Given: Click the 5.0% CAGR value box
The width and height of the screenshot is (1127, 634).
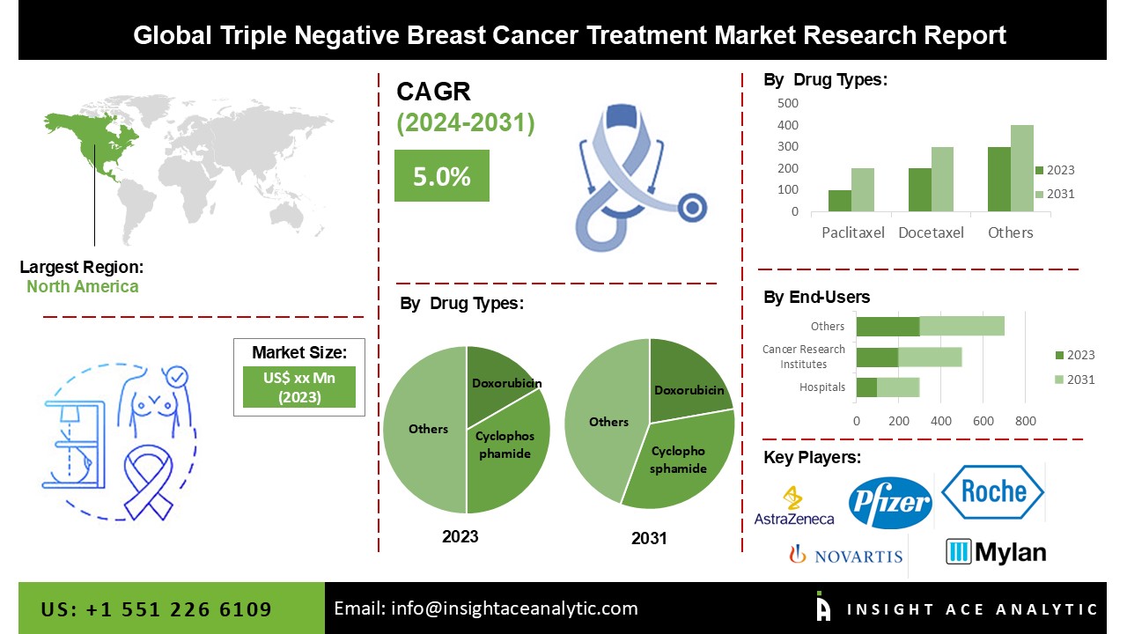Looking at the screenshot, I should tap(441, 176).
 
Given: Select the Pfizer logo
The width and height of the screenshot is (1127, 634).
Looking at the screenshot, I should tap(889, 503).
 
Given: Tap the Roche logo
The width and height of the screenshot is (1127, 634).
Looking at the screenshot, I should tap(993, 491).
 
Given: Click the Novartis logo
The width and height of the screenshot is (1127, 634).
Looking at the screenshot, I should tap(846, 555).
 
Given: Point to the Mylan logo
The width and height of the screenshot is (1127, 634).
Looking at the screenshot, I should tap(996, 552).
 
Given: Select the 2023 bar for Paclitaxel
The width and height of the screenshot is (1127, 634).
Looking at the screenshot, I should tap(840, 201).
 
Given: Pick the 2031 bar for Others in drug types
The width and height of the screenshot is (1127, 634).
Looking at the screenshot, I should tap(1021, 168).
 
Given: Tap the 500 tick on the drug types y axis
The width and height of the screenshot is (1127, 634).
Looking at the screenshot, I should tap(788, 103).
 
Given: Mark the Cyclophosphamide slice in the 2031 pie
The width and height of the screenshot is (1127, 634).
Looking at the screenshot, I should tap(682, 462).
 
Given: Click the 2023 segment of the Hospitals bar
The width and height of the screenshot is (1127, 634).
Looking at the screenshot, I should tap(866, 387).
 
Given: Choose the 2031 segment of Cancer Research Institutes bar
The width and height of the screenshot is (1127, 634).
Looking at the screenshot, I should tap(930, 357).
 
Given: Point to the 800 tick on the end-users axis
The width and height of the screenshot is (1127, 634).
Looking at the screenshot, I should tap(1026, 421).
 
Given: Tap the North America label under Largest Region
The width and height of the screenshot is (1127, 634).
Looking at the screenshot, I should tap(82, 286).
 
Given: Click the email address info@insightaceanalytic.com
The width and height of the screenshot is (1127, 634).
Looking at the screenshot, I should tap(485, 608).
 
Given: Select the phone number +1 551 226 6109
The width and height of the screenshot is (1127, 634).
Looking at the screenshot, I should tap(157, 609).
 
